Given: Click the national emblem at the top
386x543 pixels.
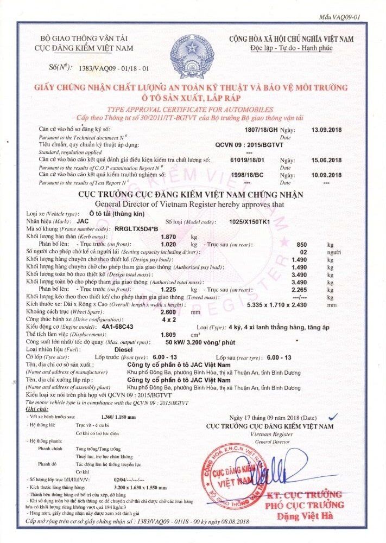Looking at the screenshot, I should (x=193, y=53).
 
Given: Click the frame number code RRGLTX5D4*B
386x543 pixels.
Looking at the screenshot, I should (x=136, y=229).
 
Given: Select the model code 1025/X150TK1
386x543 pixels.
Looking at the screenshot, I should (x=250, y=222).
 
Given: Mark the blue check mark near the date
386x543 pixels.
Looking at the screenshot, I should (x=333, y=416).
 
